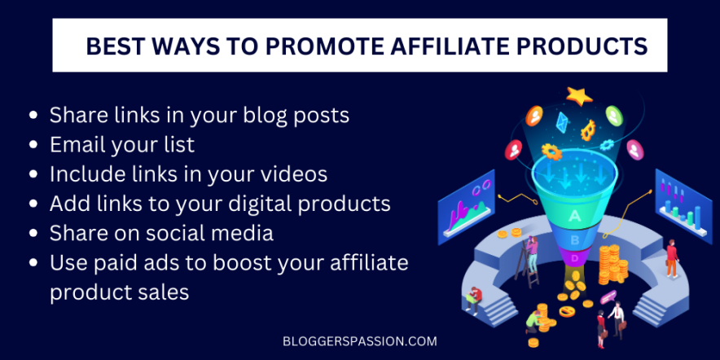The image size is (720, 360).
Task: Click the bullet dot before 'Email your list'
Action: (x=33, y=146)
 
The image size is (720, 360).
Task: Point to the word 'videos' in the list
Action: (x=292, y=174)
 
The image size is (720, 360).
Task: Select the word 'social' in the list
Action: (x=170, y=233)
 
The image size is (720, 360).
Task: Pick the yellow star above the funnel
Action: (x=579, y=96)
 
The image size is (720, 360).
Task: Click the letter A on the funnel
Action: (x=575, y=215)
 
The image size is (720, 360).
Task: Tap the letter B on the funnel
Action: (x=575, y=239)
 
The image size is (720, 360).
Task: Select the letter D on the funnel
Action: (x=575, y=258)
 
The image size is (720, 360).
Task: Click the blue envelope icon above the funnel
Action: (x=561, y=121)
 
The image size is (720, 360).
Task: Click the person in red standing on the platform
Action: (x=671, y=257)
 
